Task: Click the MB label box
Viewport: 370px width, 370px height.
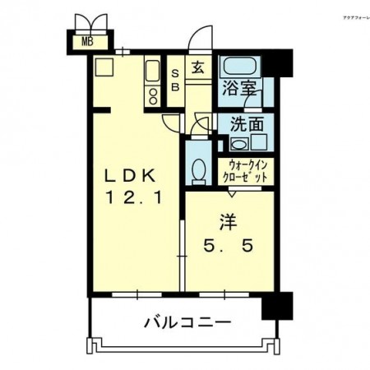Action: point(85,41)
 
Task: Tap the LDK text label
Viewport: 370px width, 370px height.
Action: point(128,176)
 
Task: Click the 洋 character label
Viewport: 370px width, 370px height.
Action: point(227,221)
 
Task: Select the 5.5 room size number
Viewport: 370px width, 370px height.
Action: point(228,244)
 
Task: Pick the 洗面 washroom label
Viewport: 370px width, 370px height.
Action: point(246,126)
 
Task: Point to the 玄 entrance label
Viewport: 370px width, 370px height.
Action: point(200,69)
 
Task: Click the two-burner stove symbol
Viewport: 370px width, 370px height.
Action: point(152,95)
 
